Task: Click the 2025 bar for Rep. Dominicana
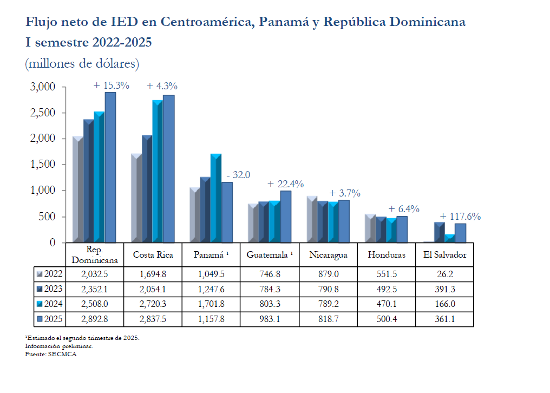110,168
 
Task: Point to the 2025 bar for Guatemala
286,217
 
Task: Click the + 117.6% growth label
460,217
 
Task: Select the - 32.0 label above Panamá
239,174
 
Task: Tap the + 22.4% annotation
285,184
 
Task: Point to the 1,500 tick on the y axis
44,165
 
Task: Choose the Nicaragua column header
328,254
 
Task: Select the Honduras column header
387,254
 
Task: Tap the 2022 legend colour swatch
39,273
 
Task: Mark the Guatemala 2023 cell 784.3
270,289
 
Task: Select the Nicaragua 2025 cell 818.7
328,319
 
